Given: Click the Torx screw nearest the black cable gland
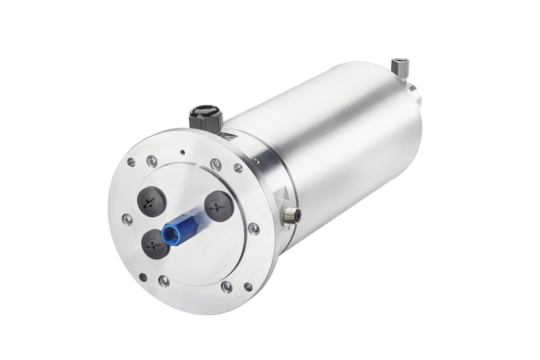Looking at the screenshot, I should pyautogui.click(x=216, y=164).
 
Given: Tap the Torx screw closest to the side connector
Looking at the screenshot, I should pyautogui.click(x=255, y=227).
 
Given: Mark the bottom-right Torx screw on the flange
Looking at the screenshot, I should pyautogui.click(x=227, y=286).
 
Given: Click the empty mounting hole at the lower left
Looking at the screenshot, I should pyautogui.click(x=143, y=276).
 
